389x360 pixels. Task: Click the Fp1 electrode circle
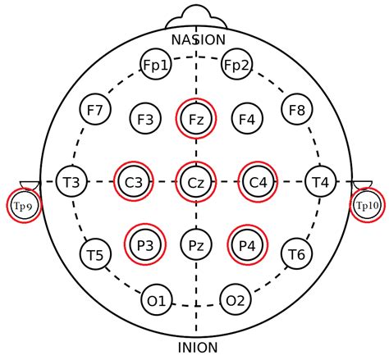[156, 65]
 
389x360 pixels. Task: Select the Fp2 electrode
[236, 65]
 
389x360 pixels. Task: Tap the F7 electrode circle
[95, 109]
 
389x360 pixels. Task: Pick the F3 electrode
[145, 119]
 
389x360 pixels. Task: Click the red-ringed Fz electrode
[196, 119]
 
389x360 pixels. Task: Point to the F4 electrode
[247, 119]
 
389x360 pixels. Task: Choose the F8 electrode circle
[297, 109]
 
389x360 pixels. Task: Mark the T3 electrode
[71, 181]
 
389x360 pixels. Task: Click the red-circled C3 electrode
[134, 181]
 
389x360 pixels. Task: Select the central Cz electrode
[196, 182]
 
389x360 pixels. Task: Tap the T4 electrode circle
[320, 181]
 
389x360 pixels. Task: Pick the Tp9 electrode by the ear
[24, 206]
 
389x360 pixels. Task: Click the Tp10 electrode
[367, 205]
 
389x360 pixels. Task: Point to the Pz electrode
[196, 244]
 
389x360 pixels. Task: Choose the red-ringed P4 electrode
[248, 245]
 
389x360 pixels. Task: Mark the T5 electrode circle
[95, 254]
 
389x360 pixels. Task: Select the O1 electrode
[157, 300]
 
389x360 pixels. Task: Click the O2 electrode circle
[236, 299]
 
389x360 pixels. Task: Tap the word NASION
[199, 39]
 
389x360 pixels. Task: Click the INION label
[198, 348]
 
